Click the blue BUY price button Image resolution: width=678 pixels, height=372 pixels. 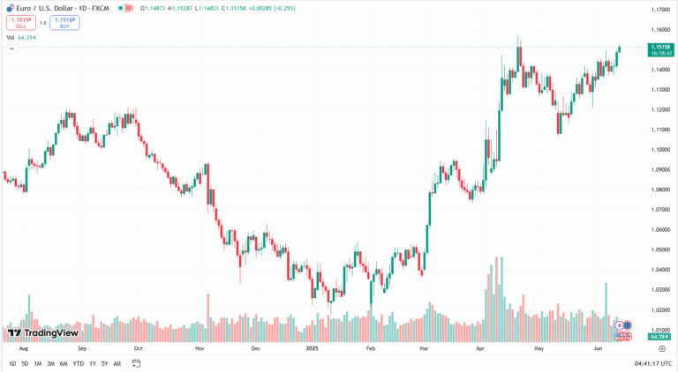(64, 23)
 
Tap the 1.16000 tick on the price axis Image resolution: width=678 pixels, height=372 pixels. (659, 29)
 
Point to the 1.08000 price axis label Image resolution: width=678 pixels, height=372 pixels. (659, 190)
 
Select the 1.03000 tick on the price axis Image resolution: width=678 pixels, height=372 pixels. (659, 289)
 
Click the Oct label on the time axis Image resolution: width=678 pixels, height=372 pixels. (137, 348)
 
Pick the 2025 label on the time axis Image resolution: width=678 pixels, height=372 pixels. (312, 348)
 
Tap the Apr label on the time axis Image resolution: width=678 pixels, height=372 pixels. (480, 348)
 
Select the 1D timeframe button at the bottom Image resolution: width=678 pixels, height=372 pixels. (12, 363)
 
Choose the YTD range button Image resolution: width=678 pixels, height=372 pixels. (78, 363)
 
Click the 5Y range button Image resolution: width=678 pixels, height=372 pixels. (104, 363)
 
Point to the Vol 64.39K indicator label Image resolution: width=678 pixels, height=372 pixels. (25, 38)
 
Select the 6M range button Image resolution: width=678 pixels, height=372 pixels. (63, 363)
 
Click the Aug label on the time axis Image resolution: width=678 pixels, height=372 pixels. (11, 348)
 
